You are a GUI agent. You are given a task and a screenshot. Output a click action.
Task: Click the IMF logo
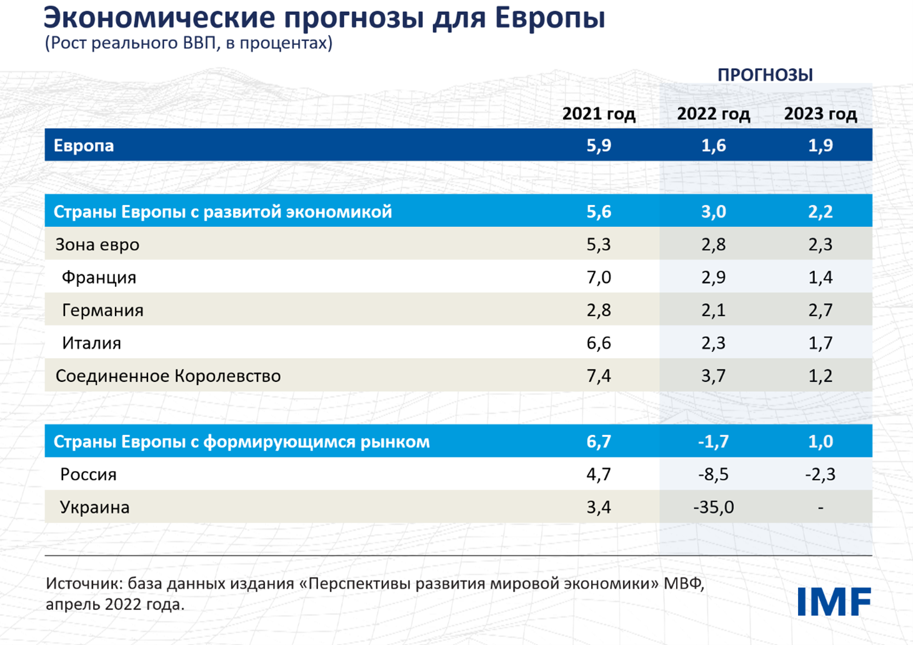tap(834, 602)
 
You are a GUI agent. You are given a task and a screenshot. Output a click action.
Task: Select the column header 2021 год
tap(598, 114)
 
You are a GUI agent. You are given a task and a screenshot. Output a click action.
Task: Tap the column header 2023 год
tap(820, 114)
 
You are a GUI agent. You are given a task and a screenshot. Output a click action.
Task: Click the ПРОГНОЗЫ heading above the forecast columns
tap(764, 75)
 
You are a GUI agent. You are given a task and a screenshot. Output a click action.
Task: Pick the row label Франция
tap(99, 277)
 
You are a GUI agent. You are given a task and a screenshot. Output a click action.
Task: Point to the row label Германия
tap(102, 311)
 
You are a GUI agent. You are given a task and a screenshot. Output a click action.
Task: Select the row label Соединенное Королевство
tap(168, 376)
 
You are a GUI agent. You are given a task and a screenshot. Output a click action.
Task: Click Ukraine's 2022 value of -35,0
tap(713, 507)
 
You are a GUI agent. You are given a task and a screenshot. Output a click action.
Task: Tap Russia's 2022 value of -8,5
tap(713, 474)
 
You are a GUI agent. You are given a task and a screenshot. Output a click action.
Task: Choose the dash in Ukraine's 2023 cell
tap(821, 507)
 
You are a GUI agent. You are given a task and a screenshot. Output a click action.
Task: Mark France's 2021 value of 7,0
tap(598, 277)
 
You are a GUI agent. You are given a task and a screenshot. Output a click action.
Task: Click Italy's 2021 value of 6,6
tap(598, 343)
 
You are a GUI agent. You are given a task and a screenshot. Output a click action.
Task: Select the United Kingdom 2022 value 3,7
tap(713, 376)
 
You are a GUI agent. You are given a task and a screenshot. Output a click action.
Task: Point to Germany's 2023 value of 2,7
tap(820, 311)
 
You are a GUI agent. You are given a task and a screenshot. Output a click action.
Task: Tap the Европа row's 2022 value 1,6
tap(713, 146)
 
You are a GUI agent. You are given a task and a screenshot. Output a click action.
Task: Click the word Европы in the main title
tap(549, 17)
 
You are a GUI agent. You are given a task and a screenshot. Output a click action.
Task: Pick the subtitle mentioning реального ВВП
tap(188, 43)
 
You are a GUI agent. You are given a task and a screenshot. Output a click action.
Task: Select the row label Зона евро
tap(97, 245)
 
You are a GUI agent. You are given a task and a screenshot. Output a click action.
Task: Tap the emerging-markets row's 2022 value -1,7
tap(713, 442)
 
